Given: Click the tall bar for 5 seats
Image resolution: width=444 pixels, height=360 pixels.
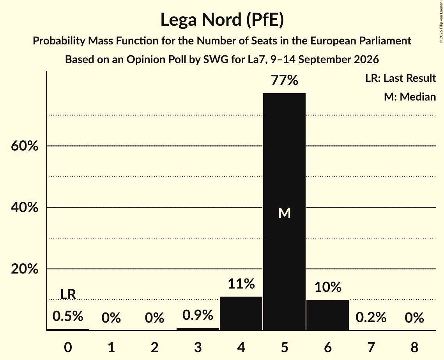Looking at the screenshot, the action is pyautogui.click(x=284, y=212).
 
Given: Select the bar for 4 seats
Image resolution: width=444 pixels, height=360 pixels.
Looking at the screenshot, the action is pyautogui.click(x=241, y=313).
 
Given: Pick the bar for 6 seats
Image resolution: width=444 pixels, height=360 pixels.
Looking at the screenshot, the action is pyautogui.click(x=327, y=315).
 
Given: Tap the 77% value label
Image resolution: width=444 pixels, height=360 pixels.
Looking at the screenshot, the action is pyautogui.click(x=284, y=80).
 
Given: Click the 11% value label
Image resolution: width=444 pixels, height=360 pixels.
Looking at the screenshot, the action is pyautogui.click(x=241, y=284).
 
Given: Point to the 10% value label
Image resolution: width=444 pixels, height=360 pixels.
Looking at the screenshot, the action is pyautogui.click(x=327, y=287).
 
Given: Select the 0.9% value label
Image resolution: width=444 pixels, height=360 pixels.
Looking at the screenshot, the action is pyautogui.click(x=198, y=315).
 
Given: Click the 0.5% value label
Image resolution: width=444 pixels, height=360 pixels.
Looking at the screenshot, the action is pyautogui.click(x=68, y=316).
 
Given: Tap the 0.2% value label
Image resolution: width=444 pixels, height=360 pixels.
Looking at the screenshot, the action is pyautogui.click(x=371, y=317).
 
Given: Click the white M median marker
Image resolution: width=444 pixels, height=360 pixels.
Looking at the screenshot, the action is pyautogui.click(x=284, y=213).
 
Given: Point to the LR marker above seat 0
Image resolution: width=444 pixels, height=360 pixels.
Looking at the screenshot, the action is pyautogui.click(x=68, y=294).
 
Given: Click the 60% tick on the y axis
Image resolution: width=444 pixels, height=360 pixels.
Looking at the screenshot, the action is pyautogui.click(x=25, y=146).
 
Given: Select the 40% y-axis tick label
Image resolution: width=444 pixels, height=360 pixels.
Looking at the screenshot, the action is pyautogui.click(x=25, y=207).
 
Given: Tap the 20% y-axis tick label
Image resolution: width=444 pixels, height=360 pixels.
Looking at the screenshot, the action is pyautogui.click(x=25, y=269).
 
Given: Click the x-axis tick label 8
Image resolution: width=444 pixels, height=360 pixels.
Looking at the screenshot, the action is pyautogui.click(x=414, y=347).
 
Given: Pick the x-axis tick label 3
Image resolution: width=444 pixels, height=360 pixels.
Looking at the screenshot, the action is pyautogui.click(x=198, y=347).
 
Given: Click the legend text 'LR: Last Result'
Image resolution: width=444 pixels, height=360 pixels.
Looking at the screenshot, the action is pyautogui.click(x=400, y=78).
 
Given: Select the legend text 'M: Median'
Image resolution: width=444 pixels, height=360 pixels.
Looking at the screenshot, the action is pyautogui.click(x=410, y=97).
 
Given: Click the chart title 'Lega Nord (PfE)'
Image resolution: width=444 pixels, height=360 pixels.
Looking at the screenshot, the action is pyautogui.click(x=222, y=20).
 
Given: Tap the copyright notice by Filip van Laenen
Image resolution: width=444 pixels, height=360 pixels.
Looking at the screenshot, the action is pyautogui.click(x=441, y=23).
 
